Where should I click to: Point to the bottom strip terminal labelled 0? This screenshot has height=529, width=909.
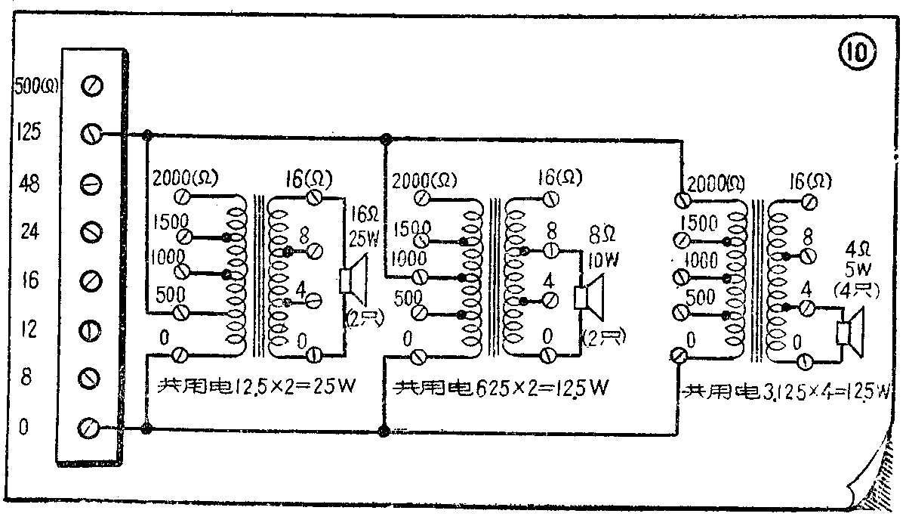click(90, 428)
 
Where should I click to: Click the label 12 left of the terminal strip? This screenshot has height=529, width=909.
click(27, 329)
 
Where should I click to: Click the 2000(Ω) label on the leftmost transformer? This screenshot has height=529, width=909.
click(185, 178)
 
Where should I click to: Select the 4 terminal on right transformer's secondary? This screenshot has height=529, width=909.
click(807, 306)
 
